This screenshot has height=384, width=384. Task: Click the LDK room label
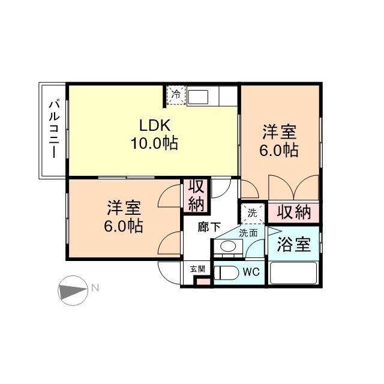pos(155,126)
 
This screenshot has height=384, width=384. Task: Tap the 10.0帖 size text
pos(155,144)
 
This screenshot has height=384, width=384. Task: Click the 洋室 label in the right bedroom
pos(280,131)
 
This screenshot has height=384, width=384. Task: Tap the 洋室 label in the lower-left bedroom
pos(125,209)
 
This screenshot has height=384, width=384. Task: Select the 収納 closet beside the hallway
pos(196,195)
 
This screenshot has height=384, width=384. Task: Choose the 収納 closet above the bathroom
pos(294,212)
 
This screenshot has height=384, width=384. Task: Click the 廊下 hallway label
pos(209,227)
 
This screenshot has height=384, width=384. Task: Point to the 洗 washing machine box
pos(252,212)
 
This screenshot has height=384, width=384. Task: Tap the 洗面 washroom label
pos(248,233)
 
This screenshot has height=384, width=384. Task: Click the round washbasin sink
pos(227,247)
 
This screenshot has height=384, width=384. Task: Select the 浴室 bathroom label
pos(293,245)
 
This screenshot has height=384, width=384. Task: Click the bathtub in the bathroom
pos(293,273)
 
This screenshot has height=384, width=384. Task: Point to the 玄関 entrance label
pos(197,268)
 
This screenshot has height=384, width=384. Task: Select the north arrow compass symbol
pos(73,290)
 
